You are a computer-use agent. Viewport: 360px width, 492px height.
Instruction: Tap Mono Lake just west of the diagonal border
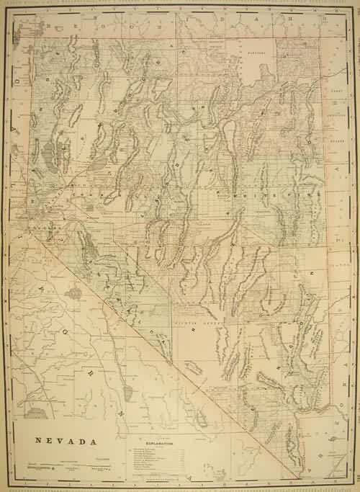pyautogui.click(x=75, y=293)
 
